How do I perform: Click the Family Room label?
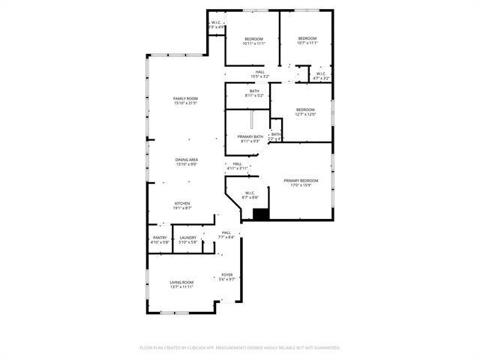(185, 99)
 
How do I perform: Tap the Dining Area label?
(186, 160)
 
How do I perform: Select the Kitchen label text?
(183, 203)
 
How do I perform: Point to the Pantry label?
(160, 238)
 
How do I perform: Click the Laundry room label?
(187, 238)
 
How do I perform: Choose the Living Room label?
(181, 282)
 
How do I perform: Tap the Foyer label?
(226, 274)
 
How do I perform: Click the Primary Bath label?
(250, 136)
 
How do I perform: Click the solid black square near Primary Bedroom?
(260, 214)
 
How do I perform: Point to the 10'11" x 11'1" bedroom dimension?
(254, 43)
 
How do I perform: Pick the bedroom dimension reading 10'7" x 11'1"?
(307, 43)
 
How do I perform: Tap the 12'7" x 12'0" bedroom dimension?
(304, 114)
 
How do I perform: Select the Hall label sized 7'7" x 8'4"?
(226, 237)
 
